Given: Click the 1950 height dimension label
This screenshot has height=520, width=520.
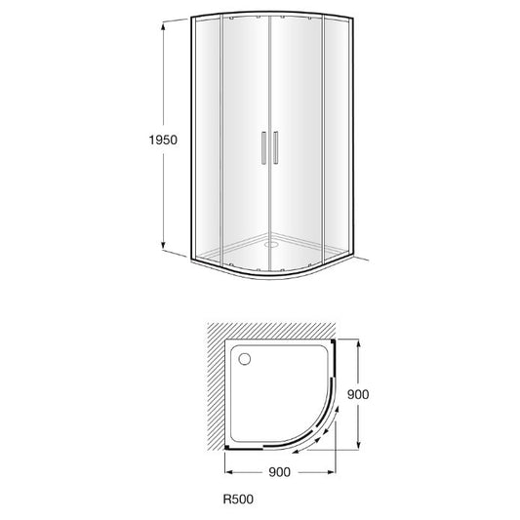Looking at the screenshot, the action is tap(163, 140).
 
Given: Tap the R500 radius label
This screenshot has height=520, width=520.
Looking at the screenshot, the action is tap(238, 499).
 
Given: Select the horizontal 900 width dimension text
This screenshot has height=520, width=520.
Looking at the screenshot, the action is tap(279, 472).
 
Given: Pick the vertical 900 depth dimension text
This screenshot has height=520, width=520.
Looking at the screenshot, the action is tap(358, 394).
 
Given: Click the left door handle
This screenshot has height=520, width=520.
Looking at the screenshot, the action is tap(263, 147).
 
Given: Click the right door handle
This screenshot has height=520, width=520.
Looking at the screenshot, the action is tap(275, 147).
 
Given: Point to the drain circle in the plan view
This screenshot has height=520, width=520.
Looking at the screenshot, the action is tap(245, 359).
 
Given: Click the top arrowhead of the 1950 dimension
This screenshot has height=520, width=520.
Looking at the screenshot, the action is tap(163, 26).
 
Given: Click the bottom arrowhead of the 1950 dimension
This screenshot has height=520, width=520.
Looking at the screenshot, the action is tap(163, 245).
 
